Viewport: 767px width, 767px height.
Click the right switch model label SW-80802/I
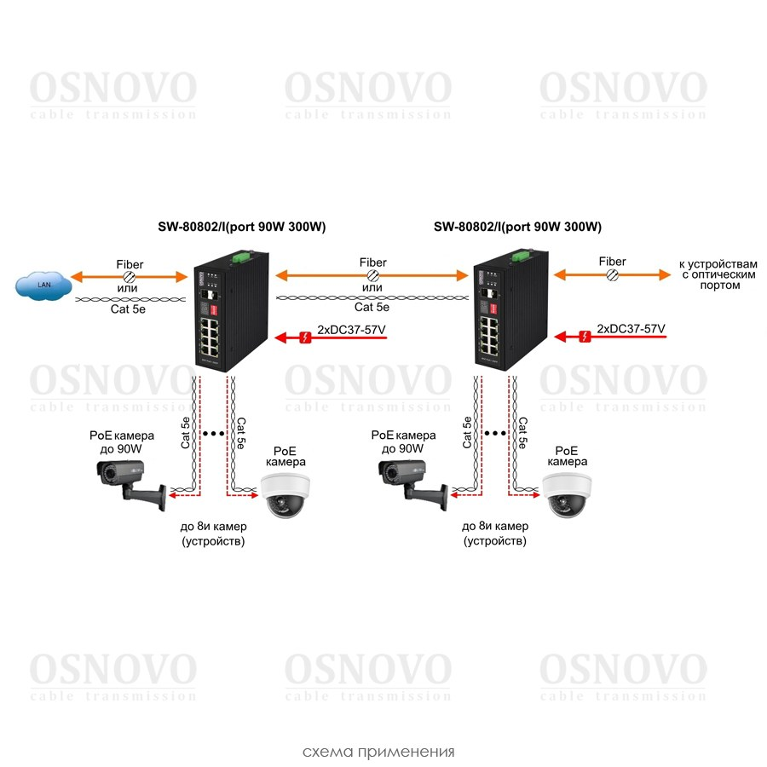coord(517,227)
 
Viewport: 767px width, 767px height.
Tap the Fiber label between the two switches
coord(372,262)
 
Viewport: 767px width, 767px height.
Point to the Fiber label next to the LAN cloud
coord(130,264)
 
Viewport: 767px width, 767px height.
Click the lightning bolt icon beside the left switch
coord(305,337)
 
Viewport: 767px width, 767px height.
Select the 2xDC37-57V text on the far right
coord(631,328)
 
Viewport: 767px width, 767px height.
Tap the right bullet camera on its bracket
coord(412,482)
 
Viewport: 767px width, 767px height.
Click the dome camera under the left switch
coord(285,495)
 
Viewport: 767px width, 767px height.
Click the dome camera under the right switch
coord(566,495)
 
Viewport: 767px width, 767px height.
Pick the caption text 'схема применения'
coord(378,752)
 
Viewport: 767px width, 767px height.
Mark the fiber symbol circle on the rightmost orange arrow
coord(612,275)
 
